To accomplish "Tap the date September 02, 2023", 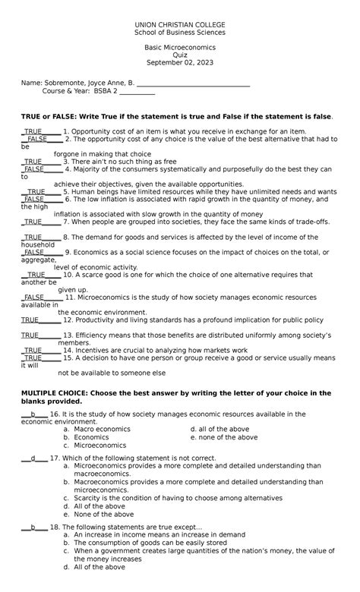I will click(180, 62).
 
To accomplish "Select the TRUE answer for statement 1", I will click(33, 131).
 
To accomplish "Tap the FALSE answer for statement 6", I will click(33, 199).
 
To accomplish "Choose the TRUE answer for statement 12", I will click(30, 320).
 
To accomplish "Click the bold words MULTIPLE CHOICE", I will click(54, 392).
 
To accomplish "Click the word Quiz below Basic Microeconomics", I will click(180, 55).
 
